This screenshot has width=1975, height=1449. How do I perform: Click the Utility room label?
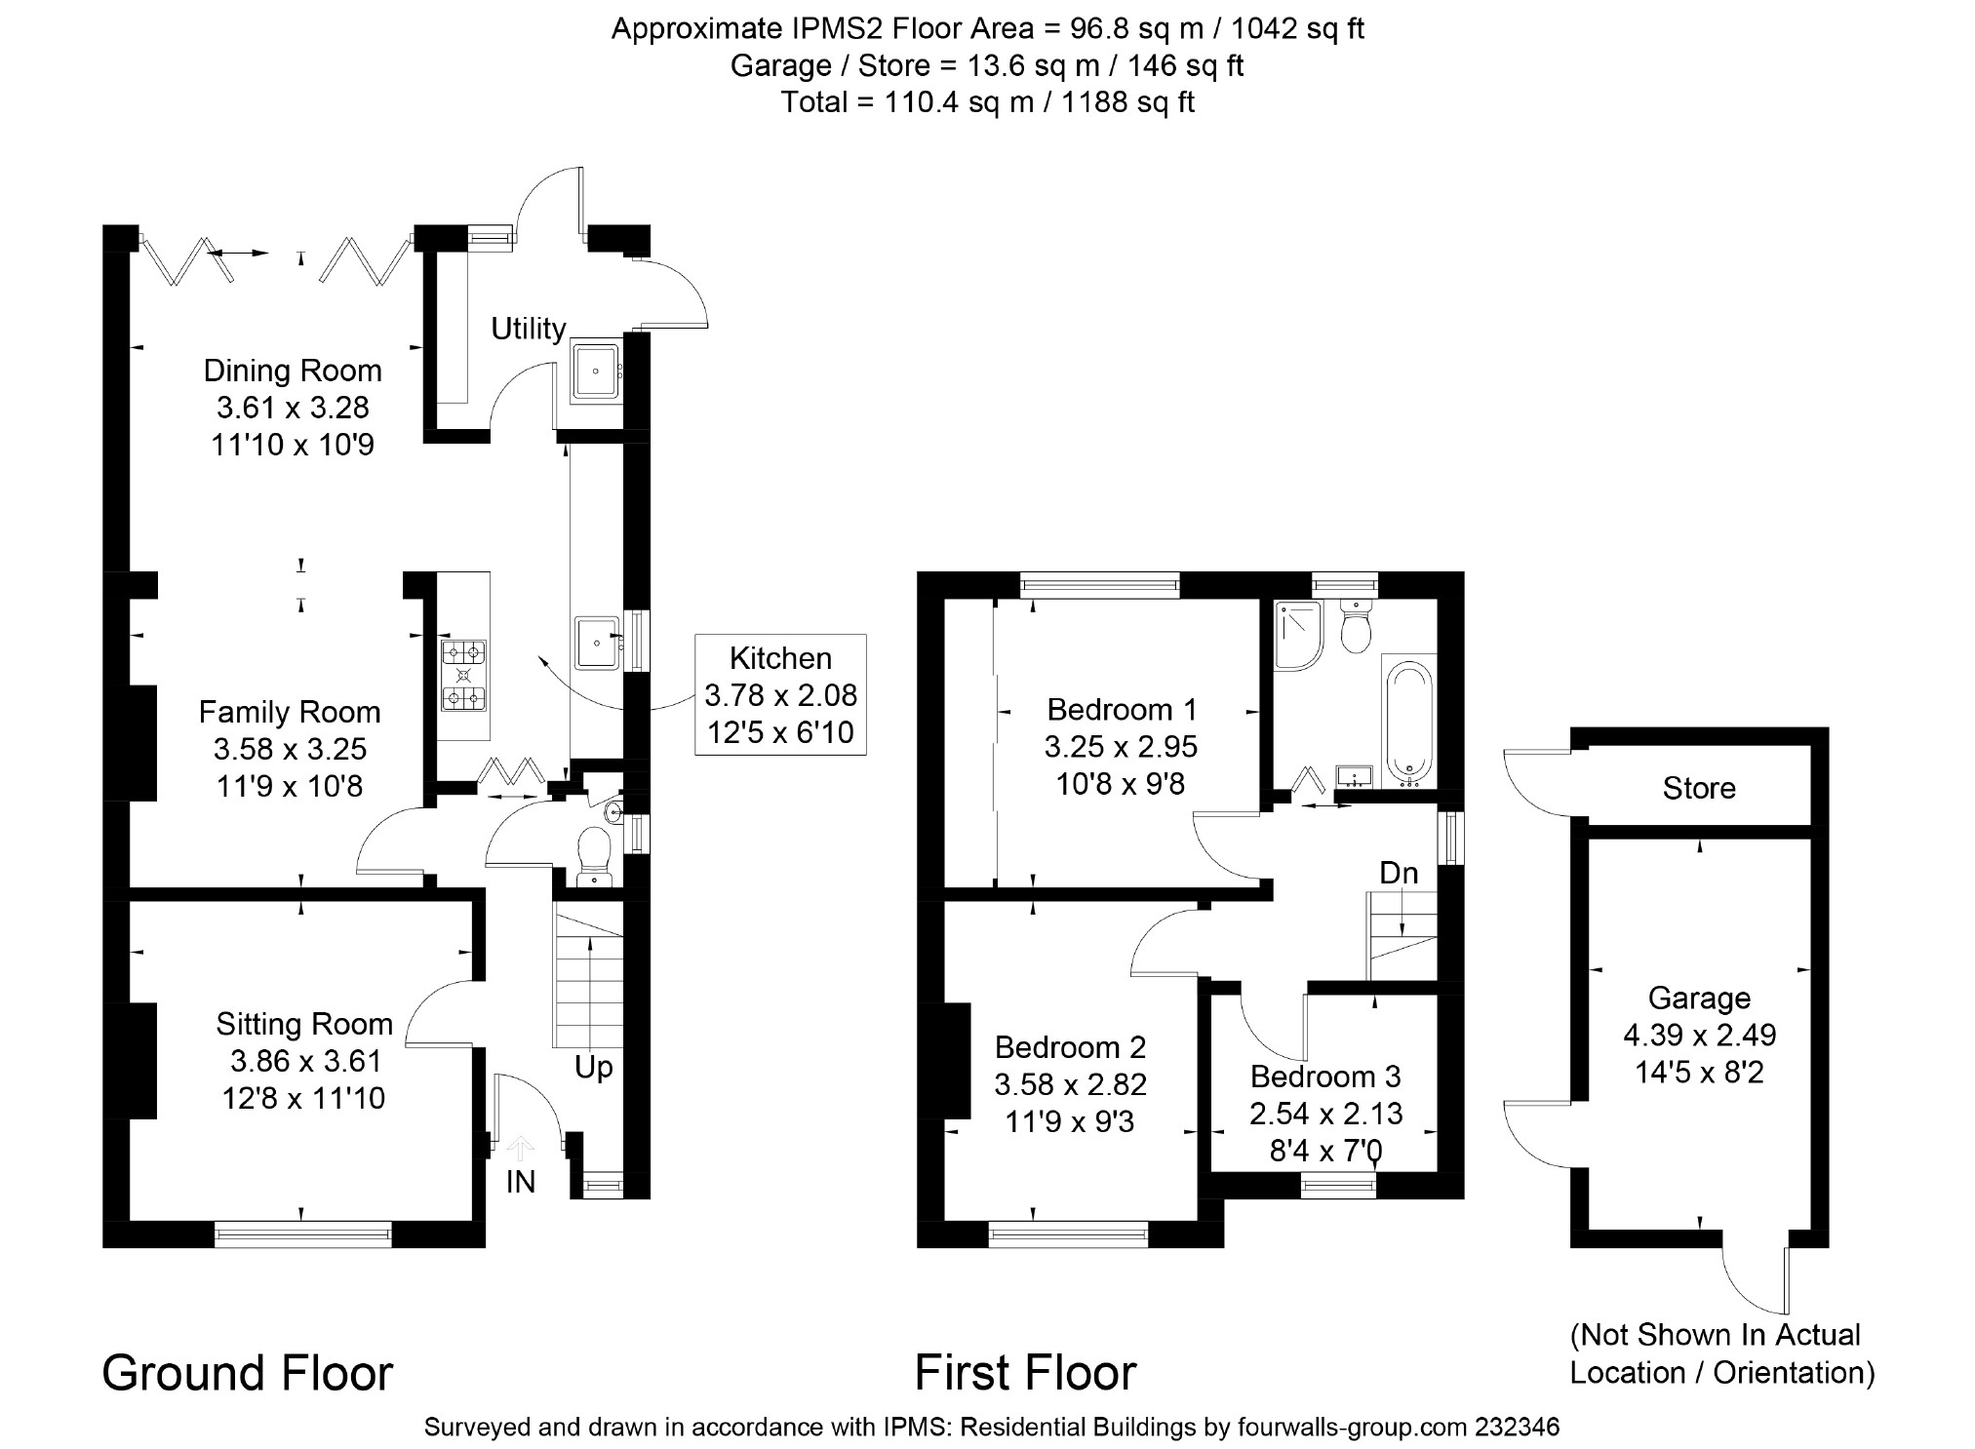528,329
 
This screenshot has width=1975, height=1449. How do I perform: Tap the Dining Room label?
293,371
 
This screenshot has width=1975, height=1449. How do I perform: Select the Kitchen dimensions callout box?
780,694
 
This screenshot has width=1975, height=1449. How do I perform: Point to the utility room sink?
596,371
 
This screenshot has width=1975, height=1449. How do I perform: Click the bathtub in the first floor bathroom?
1408,722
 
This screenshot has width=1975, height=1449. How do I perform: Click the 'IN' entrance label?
521,1182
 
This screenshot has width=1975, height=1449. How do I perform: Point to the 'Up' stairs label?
593,1068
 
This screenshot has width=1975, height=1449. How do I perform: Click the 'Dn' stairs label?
1399,873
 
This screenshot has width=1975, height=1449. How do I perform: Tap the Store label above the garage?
1699,788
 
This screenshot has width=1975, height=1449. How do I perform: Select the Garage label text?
1699,998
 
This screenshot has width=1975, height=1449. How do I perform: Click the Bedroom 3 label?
1325,1077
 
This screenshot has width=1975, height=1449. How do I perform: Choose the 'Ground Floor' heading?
248,1373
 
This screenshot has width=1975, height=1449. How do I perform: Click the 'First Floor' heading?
1026,1373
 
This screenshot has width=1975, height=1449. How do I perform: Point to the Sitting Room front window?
302,1234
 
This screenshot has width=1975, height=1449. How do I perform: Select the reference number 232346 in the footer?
1518,1428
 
